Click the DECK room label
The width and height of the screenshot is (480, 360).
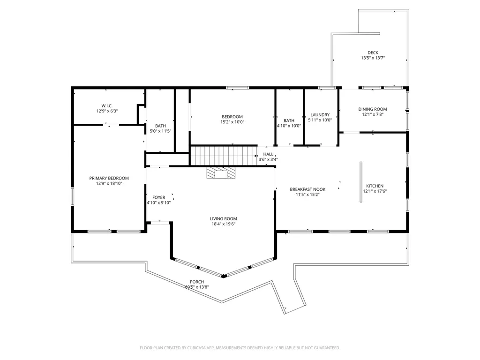point(373,52)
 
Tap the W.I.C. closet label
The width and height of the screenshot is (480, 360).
point(107,106)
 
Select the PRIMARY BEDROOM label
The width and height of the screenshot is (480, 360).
point(109,178)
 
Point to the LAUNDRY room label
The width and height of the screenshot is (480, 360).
point(320,115)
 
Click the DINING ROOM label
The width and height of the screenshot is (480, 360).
point(373,109)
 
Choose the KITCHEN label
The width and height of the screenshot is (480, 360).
point(375,186)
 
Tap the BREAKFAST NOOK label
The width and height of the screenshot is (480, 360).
point(307,189)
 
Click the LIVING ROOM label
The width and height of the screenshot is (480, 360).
point(224,218)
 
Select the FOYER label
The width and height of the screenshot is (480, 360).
point(158,197)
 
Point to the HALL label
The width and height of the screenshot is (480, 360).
point(268,154)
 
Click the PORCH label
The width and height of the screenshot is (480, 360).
point(197,282)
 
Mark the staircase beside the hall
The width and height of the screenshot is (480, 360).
point(224,156)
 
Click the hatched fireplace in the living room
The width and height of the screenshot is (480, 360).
point(221,172)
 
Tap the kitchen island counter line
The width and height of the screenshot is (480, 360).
point(361,182)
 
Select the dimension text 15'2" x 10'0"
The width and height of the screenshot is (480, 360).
point(232,122)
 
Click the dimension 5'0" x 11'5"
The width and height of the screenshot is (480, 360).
point(160,131)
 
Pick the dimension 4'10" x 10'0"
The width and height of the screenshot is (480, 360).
point(289,126)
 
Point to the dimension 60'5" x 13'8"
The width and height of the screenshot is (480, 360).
point(197,287)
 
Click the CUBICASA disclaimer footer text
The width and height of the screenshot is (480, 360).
point(240,348)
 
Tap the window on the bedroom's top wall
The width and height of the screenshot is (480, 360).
point(238,88)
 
